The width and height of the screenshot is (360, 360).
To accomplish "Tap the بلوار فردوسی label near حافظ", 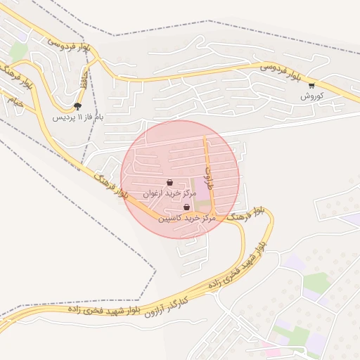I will [67, 51].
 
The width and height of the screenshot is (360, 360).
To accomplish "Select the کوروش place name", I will [311, 96].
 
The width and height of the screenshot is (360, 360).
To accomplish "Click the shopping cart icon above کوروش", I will [311, 86].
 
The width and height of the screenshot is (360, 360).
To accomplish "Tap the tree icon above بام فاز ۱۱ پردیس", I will [77, 107].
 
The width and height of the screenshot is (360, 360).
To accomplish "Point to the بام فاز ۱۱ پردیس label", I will [77, 117].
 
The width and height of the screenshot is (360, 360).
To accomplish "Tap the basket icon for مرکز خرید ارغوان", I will [169, 182].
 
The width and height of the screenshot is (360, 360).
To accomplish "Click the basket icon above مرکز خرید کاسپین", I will [186, 207].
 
